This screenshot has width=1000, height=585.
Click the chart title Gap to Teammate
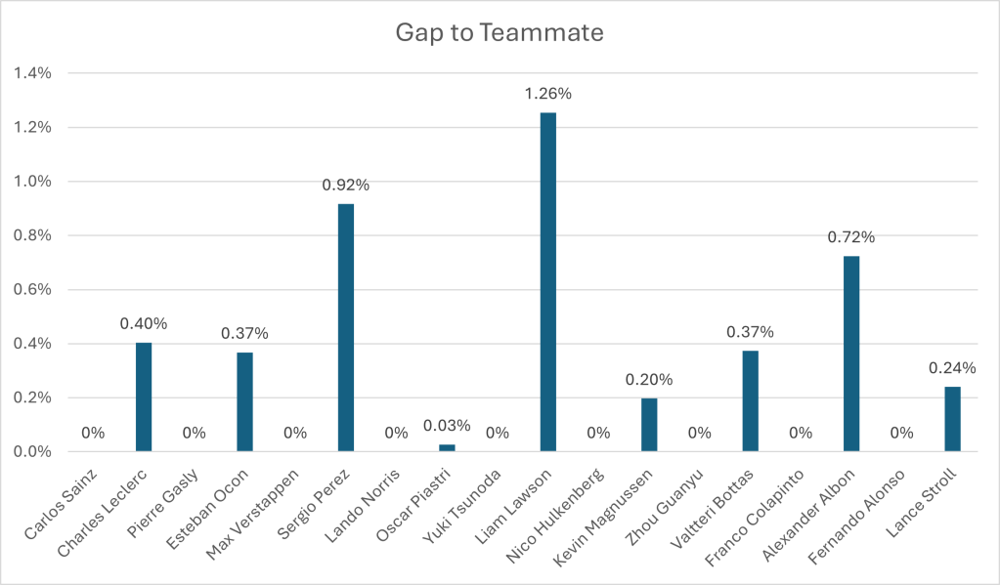500,32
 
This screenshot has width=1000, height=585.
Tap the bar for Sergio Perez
346,327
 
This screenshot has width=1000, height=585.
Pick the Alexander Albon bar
851,354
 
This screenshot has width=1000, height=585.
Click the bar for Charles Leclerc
144,397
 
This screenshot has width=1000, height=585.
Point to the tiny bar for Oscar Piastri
447,447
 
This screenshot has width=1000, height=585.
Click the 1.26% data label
547,95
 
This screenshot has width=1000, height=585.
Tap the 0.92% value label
346,186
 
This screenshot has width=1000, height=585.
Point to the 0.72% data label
851,237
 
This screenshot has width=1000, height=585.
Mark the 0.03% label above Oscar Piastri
447,426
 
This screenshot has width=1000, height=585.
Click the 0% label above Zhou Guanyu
699,433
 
